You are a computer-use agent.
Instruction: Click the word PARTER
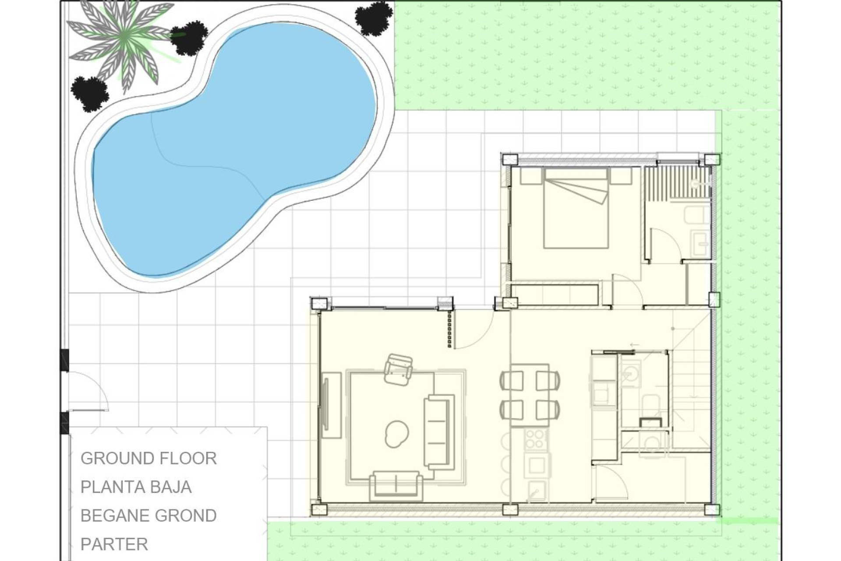114,544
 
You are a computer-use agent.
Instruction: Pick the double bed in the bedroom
576,208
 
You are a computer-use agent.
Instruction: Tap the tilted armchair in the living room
398,369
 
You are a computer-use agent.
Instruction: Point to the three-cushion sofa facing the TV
438,431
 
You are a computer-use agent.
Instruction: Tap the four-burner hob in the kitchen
535,440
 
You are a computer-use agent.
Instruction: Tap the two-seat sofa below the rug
396,486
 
